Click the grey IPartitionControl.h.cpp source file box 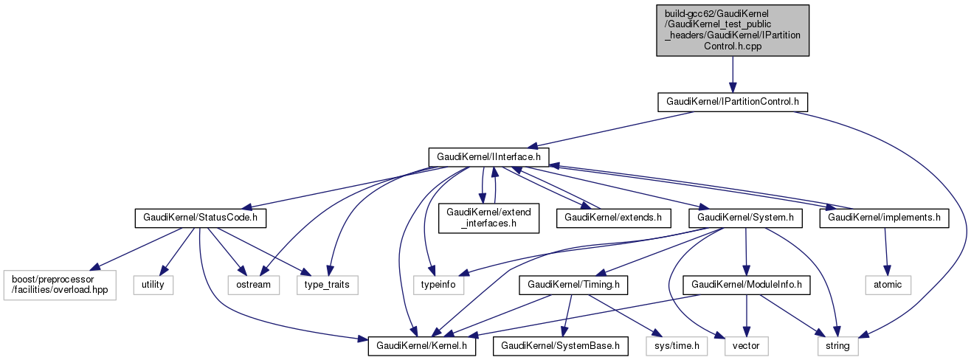coord(733,30)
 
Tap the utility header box coord(153,284)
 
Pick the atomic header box coord(888,284)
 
